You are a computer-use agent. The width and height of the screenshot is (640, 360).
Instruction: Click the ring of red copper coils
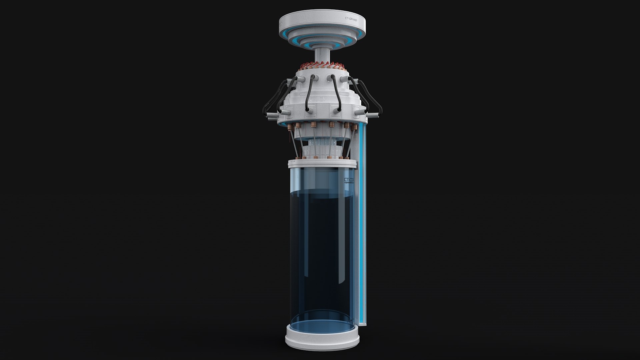[322, 65]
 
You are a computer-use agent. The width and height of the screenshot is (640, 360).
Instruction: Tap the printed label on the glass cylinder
[349, 181]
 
